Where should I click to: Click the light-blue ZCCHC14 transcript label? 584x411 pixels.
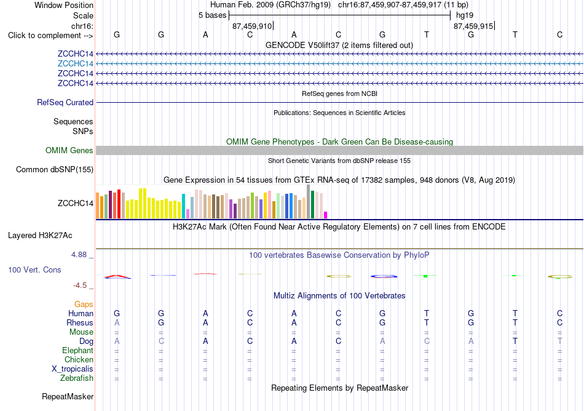click(75, 64)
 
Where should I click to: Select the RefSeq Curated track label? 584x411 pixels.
click(65, 103)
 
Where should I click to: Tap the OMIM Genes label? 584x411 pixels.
click(69, 151)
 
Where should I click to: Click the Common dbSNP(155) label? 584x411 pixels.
click(55, 170)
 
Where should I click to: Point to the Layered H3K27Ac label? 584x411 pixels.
click(40, 236)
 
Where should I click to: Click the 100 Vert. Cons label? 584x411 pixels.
click(34, 269)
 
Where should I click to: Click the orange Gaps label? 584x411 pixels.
click(84, 305)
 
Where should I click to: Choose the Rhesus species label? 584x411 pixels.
click(80, 322)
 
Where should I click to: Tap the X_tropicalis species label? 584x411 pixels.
click(73, 369)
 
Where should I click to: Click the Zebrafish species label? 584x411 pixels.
click(77, 378)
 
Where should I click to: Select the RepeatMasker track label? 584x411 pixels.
click(68, 397)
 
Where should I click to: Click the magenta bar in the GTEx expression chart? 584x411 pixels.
click(326, 215)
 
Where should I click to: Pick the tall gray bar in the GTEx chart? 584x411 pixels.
click(309, 202)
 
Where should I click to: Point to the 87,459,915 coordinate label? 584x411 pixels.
click(473, 26)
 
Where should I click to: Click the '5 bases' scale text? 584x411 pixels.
click(212, 15)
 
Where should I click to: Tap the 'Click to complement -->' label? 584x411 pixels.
click(50, 36)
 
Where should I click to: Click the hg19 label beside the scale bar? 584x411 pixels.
click(465, 15)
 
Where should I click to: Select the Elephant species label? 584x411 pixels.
click(78, 351)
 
